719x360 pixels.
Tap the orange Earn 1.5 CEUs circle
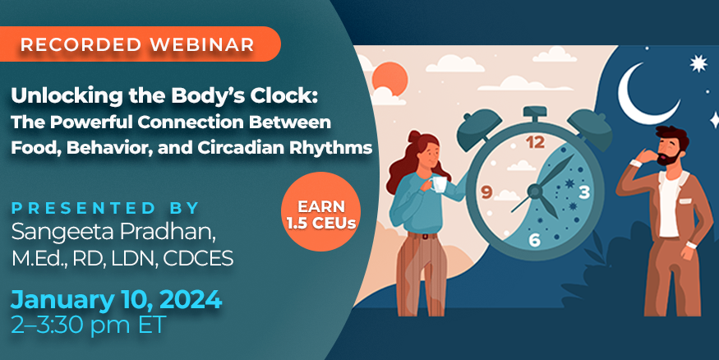tap(321, 211)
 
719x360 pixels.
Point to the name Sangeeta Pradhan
tap(113, 233)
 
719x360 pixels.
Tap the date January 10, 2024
tap(117, 300)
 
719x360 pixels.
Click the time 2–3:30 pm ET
tap(88, 325)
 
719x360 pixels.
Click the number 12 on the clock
tap(535, 143)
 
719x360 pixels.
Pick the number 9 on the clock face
tap(486, 192)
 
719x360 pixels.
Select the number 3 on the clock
tap(583, 192)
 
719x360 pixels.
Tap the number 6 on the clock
tap(534, 240)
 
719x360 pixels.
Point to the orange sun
tap(390, 79)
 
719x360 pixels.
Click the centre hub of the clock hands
tap(535, 191)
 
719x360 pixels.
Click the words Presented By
tap(105, 208)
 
